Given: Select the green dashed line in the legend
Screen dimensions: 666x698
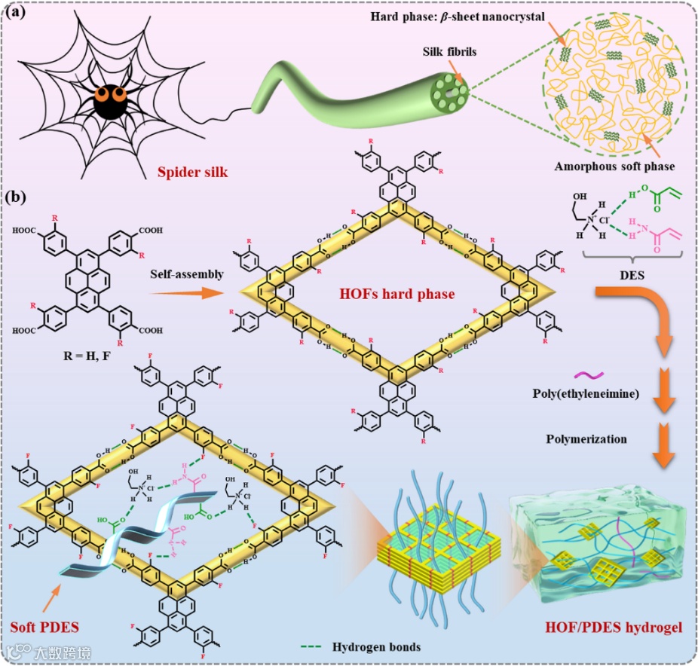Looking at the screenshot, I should click(x=314, y=646).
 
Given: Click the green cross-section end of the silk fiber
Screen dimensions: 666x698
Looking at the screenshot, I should click(x=450, y=99).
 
